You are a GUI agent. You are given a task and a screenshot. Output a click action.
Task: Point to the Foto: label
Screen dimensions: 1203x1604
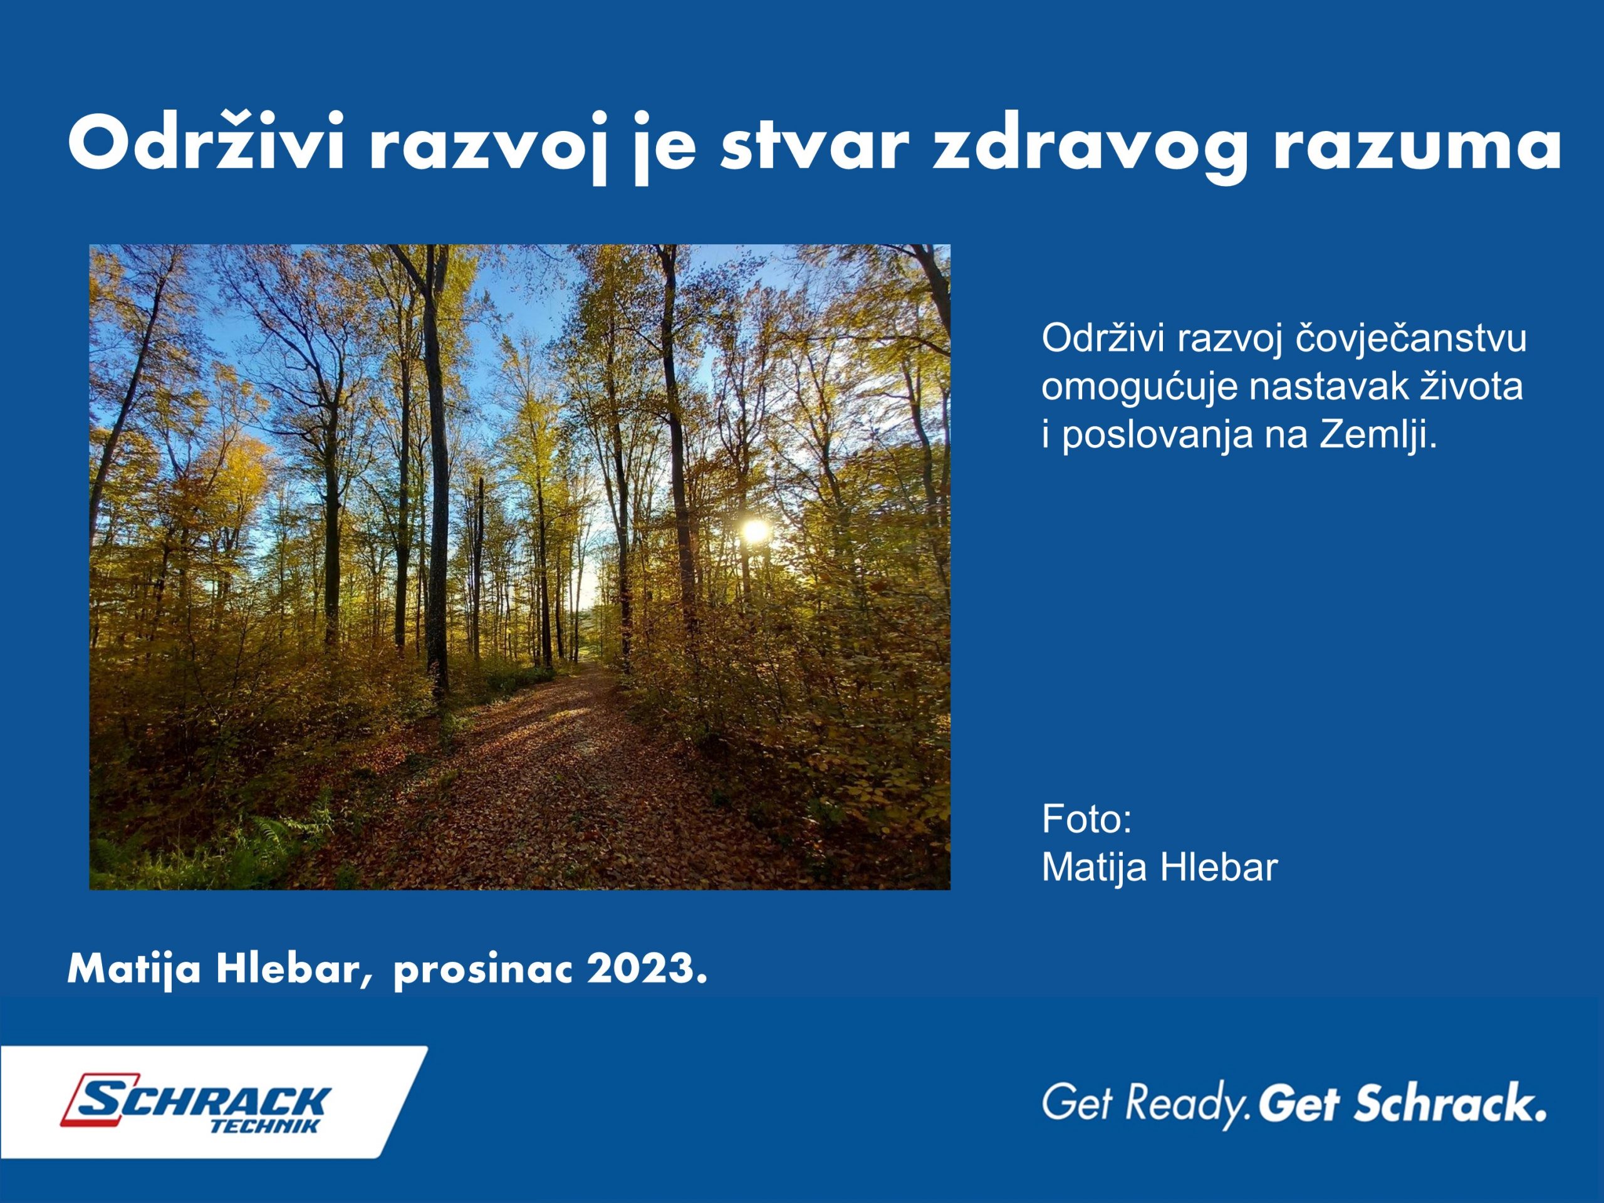(x=1086, y=820)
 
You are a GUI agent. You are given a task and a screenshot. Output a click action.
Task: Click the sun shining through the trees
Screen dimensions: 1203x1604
(x=755, y=530)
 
